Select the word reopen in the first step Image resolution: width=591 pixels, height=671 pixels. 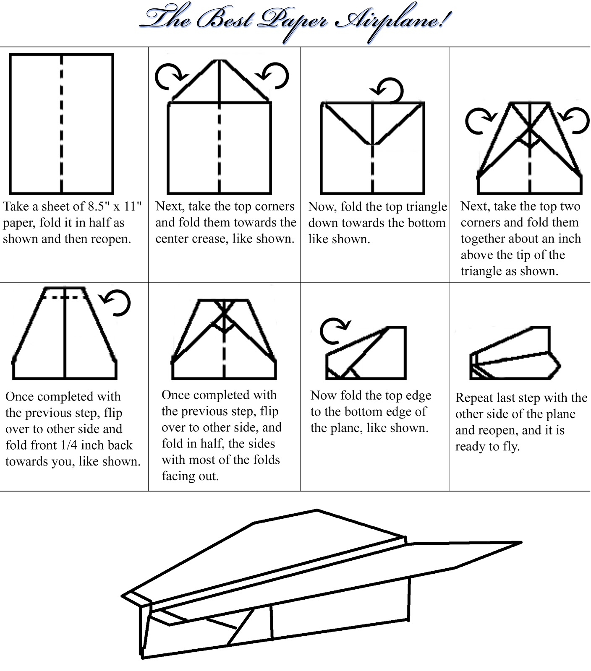[111, 239]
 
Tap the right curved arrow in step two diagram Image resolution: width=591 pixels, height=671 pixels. [274, 76]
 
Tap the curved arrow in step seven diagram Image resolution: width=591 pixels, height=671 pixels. [334, 330]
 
